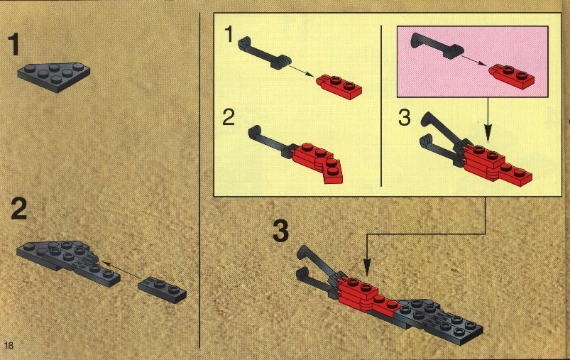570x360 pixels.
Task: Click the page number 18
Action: click(x=9, y=344)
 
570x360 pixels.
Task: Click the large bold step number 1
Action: click(x=13, y=44)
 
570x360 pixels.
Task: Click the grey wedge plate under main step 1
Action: click(x=54, y=77)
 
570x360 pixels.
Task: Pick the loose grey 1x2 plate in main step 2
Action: click(x=162, y=290)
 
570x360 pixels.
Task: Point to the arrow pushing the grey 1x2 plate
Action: click(x=121, y=270)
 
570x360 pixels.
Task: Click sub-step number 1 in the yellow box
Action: click(x=229, y=35)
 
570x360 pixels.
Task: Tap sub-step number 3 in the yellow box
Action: click(x=404, y=118)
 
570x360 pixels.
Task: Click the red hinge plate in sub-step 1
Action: click(x=339, y=87)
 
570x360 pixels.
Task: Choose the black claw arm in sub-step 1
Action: click(x=264, y=53)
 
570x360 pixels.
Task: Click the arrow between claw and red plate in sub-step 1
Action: click(x=301, y=71)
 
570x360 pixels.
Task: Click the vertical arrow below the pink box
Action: click(x=488, y=119)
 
